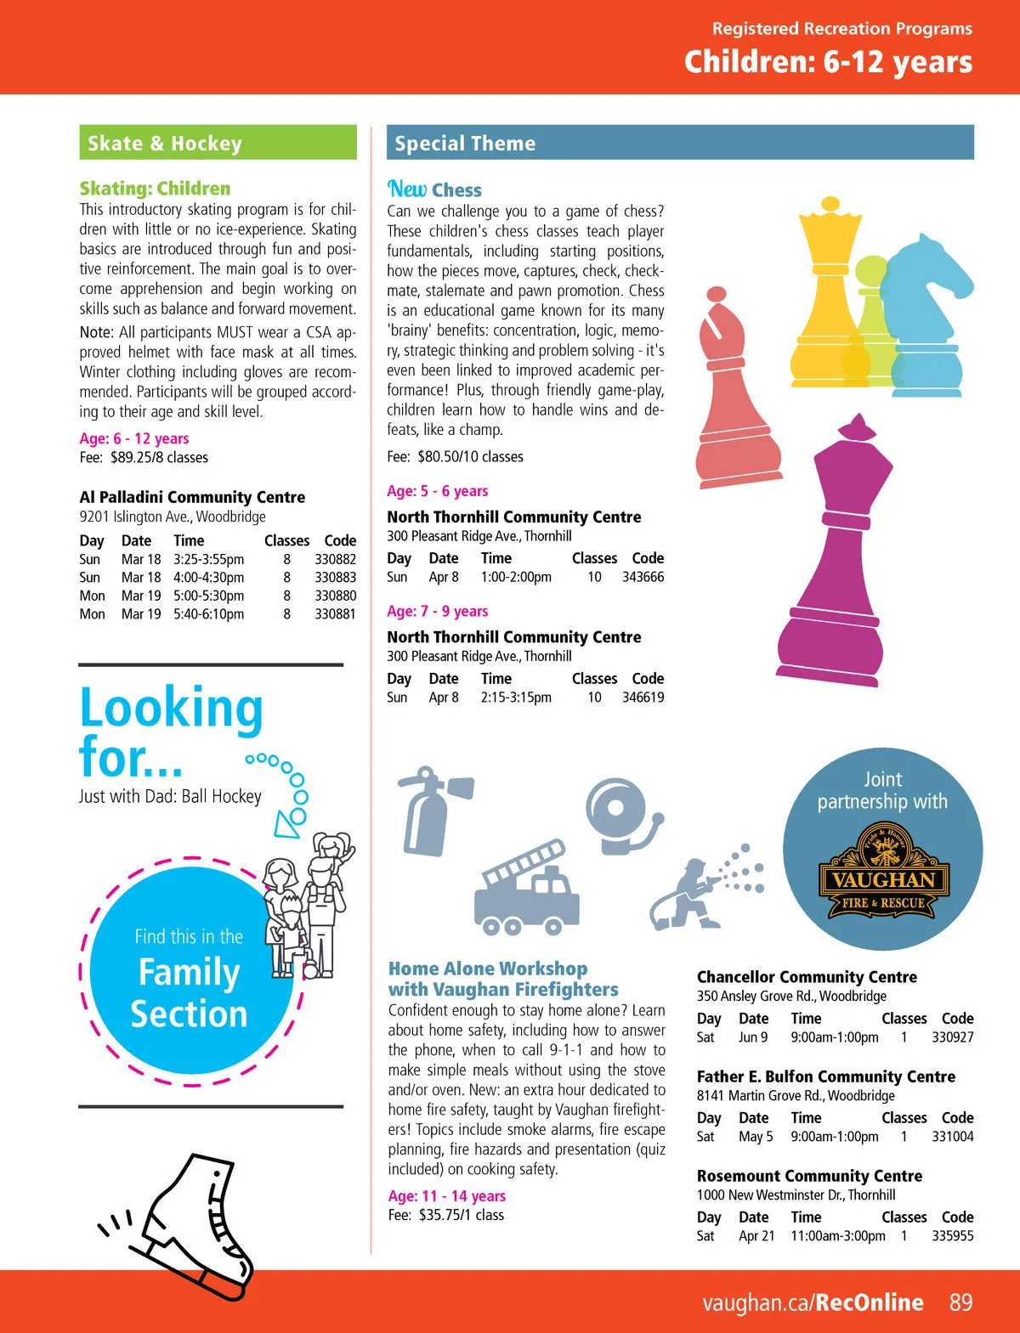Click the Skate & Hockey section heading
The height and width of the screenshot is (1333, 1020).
pos(165,144)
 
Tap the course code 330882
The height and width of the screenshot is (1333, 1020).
pos(335,559)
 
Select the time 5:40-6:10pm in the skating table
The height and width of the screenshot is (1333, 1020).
pos(208,613)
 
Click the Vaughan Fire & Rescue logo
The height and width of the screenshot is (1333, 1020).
pos(881,875)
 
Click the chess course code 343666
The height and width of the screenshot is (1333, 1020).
pos(643,577)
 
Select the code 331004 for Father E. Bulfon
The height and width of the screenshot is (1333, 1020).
pos(952,1136)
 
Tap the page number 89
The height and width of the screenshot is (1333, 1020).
pos(960,1302)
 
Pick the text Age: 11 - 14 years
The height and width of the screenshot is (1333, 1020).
pos(446,1195)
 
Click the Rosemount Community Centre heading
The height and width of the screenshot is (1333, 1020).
pos(809,1176)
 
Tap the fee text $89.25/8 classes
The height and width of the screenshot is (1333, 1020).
pos(159,457)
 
